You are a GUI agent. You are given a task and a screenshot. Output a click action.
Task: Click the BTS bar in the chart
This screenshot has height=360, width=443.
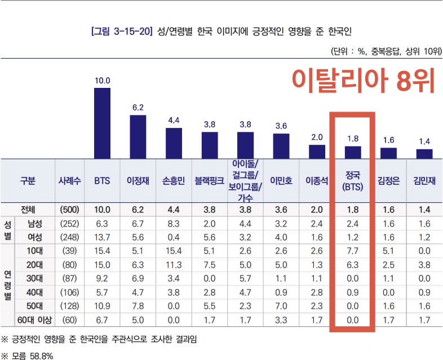[x=102, y=122]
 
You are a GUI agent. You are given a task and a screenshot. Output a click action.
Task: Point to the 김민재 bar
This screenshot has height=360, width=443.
[x=424, y=153]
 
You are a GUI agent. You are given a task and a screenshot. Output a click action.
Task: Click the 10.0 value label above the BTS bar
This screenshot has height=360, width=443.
[x=102, y=81]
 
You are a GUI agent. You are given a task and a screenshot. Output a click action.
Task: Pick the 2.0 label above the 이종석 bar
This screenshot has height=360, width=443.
[x=317, y=137]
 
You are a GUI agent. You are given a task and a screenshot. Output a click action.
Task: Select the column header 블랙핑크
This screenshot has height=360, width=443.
[x=210, y=181]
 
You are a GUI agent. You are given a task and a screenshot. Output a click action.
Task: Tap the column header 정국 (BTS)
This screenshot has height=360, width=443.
[x=352, y=181]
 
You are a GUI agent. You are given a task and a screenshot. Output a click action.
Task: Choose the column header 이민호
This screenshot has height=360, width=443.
[x=281, y=181]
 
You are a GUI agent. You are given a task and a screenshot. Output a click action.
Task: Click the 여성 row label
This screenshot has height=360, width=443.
[x=38, y=237]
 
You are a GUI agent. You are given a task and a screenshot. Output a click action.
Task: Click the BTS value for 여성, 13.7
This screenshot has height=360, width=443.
[x=102, y=237]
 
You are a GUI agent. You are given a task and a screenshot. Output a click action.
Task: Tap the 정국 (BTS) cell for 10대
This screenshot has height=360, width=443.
[x=352, y=251]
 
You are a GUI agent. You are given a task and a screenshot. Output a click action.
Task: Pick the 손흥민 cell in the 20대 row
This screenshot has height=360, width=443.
[x=174, y=265]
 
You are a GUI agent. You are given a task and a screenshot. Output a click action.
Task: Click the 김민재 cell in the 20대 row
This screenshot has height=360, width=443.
[x=424, y=265]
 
